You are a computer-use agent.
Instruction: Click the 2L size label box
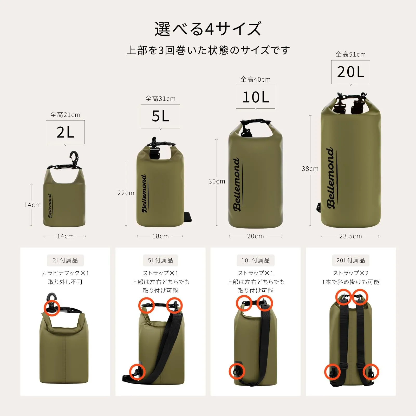65,132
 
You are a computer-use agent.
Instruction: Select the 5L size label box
160,116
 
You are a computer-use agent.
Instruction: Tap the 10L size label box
256,97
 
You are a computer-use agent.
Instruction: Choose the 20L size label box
351,72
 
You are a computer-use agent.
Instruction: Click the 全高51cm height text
351,55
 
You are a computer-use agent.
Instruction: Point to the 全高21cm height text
65,115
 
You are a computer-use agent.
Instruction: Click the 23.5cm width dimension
350,236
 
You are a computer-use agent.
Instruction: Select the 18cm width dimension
160,236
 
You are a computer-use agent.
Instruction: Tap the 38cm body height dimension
310,169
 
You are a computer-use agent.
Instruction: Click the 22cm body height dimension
126,193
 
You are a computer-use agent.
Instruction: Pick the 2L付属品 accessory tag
65,260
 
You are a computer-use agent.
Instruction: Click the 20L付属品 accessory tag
351,260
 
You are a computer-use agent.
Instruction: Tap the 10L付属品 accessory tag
256,260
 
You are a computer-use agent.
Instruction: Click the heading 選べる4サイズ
208,29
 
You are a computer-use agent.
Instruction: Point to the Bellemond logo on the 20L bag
331,178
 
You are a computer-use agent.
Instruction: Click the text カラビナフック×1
65,273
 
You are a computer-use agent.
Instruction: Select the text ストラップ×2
351,273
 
